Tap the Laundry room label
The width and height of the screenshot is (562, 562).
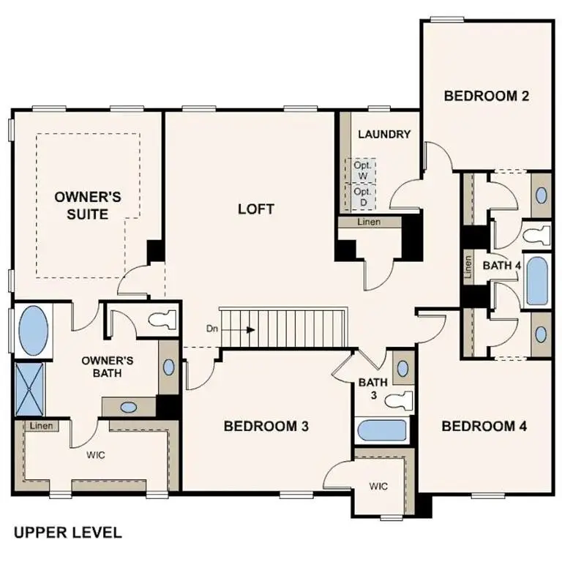(383, 134)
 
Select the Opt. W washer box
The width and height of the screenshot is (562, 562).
(362, 170)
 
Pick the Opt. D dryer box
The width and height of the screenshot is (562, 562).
(362, 195)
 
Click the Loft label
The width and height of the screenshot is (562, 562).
(256, 209)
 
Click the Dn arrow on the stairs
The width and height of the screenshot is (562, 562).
(241, 330)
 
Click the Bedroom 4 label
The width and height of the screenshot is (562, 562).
(484, 426)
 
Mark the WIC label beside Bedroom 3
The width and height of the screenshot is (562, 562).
(378, 486)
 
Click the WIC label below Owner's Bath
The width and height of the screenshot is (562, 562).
(96, 454)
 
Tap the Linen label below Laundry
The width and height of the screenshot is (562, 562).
(369, 222)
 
